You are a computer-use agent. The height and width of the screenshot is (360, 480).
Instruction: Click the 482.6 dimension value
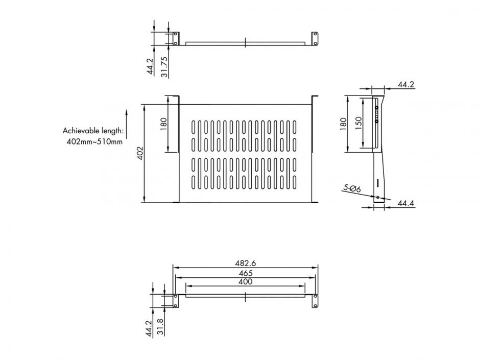246,263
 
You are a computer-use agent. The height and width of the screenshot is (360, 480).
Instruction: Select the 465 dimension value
246,273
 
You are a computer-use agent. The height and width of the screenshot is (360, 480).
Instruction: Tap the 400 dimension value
246,281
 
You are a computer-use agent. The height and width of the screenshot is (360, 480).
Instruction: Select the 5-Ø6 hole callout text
352,188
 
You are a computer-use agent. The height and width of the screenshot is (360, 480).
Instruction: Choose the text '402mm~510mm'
94,141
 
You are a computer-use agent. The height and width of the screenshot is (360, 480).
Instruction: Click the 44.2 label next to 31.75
150,66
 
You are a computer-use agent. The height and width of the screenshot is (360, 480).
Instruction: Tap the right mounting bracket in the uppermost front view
314,39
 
